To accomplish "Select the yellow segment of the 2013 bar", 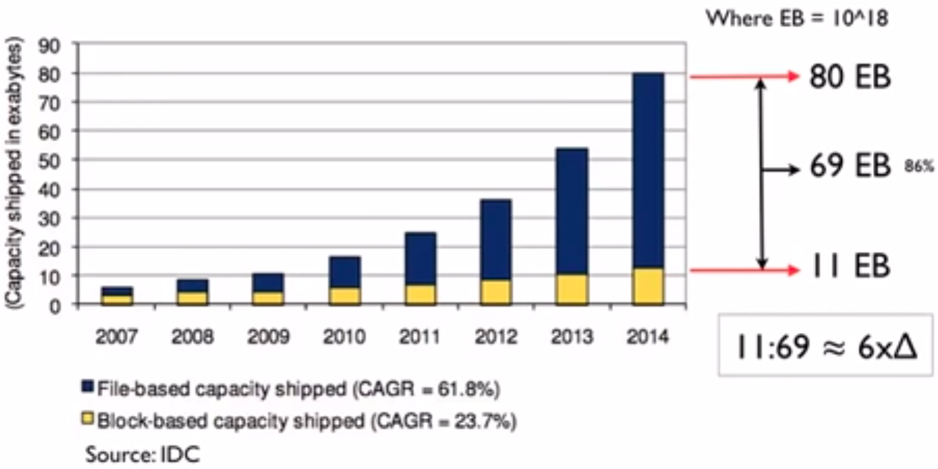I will click(572, 289).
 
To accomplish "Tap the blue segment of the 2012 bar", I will click(497, 239).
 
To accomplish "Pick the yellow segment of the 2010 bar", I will click(345, 296).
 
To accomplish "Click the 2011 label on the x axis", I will click(421, 338).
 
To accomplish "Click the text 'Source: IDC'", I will click(143, 455).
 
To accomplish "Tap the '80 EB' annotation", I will click(850, 77).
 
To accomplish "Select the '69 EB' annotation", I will click(850, 168).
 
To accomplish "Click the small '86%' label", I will click(919, 166).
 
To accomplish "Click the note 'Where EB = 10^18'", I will click(796, 19).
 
